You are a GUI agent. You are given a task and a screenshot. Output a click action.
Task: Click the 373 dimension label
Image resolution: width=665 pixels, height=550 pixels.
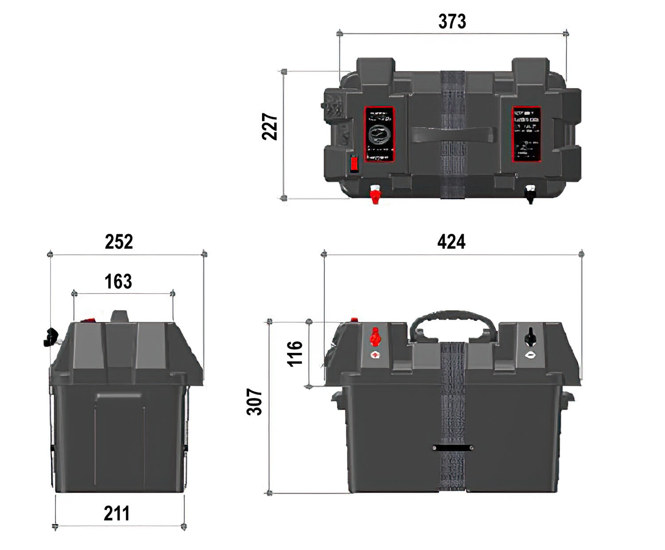coord(452,22)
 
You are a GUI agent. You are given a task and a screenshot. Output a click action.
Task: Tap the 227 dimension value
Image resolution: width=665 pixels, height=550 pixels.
coord(270,127)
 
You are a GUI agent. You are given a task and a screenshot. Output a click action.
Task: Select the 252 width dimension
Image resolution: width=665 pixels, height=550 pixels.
coord(119,242)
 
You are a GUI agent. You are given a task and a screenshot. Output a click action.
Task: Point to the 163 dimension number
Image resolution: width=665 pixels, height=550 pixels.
coord(118,282)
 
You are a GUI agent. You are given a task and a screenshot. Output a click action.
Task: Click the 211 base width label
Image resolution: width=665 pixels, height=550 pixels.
coord(117,514)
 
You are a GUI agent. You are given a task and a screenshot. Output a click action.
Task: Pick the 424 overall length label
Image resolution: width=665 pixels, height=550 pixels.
coord(451,242)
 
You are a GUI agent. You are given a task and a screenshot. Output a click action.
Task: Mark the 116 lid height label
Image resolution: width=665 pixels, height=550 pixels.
coord(295,353)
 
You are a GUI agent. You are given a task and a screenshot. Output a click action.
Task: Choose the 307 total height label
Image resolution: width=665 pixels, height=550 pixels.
coord(254,402)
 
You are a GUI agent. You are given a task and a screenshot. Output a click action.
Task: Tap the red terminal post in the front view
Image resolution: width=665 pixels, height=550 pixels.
coord(376,337)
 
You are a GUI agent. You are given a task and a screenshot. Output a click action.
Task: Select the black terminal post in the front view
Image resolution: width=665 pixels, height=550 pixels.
coord(529,337)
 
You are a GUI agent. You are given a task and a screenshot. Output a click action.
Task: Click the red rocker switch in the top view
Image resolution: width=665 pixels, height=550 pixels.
coord(354,163)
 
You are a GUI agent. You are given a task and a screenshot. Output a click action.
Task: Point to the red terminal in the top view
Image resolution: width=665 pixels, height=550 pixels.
coord(375,194)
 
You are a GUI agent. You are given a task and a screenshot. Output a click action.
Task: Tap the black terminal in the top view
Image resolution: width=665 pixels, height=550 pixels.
coord(530,194)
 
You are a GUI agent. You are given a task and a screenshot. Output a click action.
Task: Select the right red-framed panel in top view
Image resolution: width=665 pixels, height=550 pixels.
coord(526,134)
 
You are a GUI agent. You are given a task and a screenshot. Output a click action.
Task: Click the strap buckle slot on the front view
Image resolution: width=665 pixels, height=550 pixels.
coord(452,448)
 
